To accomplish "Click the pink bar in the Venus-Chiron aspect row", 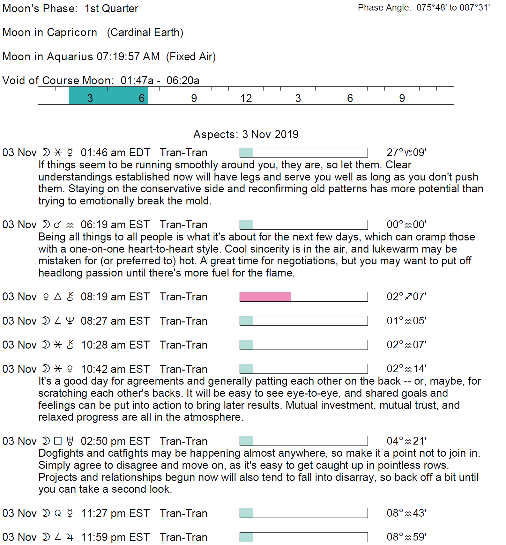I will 265,297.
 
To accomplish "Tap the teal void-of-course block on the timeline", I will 108,95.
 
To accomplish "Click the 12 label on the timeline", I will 246,98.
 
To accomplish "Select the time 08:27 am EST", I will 115,321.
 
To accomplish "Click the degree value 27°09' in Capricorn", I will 406,152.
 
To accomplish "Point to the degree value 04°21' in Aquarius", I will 406,441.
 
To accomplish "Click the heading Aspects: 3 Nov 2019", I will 246,134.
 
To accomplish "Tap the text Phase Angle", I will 384,8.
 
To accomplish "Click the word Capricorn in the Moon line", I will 72,33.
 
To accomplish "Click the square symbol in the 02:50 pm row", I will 58,441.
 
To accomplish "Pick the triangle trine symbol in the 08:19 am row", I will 58,297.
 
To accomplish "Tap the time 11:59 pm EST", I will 115,537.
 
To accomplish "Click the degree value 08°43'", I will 406,513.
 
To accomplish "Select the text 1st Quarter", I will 111,8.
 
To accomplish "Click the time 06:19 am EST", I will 115,225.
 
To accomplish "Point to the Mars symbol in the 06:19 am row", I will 58,225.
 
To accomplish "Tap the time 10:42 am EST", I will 115,369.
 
